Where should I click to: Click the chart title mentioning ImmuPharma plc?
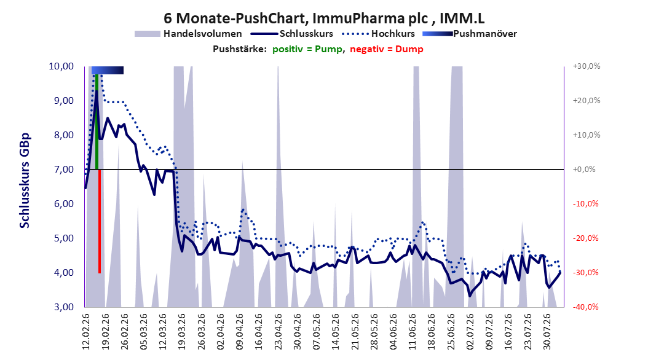click(324, 18)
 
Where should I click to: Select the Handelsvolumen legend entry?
click(188, 34)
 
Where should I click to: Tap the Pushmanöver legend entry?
click(470, 34)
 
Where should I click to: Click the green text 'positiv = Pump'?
click(307, 49)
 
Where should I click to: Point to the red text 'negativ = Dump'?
click(387, 49)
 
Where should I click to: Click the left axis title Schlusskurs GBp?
click(25, 181)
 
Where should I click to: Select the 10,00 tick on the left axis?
click(61, 66)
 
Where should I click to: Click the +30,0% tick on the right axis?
click(587, 66)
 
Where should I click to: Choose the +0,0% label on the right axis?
click(584, 170)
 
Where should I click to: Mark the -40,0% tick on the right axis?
click(585, 307)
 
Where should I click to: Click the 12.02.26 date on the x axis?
click(86, 331)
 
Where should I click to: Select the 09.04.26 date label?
click(240, 331)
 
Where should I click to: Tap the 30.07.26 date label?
click(547, 331)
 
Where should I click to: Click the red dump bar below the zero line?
click(100, 221)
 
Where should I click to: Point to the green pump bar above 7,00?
click(97, 122)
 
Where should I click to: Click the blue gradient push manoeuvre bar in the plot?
click(108, 70)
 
